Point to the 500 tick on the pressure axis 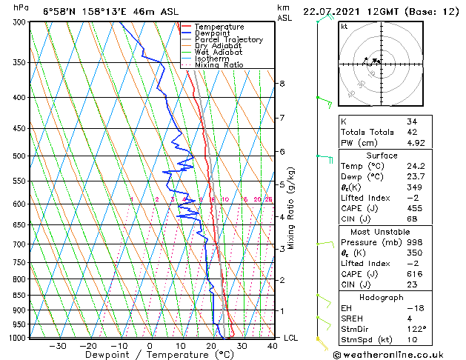pyautogui.click(x=20, y=156)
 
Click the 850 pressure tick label pyautogui.click(x=20, y=296)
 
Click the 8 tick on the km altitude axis pyautogui.click(x=282, y=84)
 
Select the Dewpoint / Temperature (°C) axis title pyautogui.click(x=150, y=355)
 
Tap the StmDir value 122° pyautogui.click(x=416, y=329)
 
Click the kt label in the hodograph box pyautogui.click(x=344, y=26)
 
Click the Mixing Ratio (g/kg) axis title pyautogui.click(x=291, y=207)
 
